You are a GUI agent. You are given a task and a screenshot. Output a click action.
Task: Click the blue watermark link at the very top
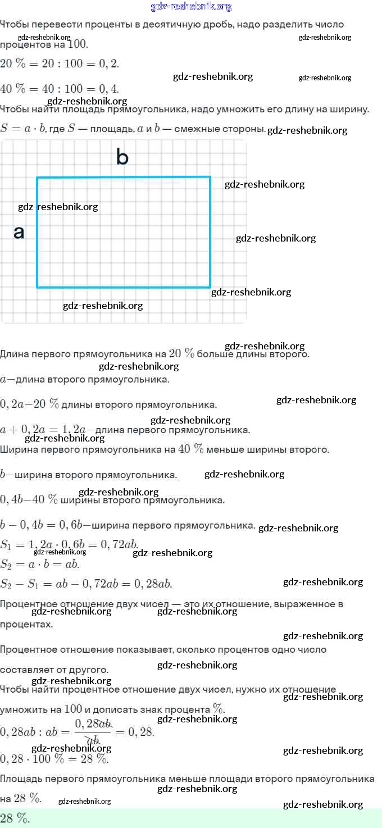[x=191, y=7]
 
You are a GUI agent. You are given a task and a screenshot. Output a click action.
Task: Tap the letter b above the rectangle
[x=122, y=157]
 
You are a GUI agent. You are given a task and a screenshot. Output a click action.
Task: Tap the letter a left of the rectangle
[x=19, y=232]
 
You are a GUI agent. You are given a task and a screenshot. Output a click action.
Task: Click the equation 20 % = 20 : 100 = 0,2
[x=60, y=63]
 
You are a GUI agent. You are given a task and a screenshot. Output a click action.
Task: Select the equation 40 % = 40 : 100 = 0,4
[x=60, y=89]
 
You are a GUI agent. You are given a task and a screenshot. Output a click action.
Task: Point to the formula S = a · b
[x=23, y=128]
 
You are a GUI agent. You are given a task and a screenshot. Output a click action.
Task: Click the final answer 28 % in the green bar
[x=15, y=818]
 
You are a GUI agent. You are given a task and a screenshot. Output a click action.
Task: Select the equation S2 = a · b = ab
[x=40, y=564]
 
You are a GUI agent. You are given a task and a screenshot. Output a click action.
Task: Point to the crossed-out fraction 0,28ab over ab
[x=93, y=732]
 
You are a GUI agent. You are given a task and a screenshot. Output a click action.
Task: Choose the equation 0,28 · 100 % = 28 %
[x=54, y=758]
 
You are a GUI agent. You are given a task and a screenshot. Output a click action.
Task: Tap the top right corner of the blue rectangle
[x=210, y=178]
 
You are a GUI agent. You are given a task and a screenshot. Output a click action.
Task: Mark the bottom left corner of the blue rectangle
[x=38, y=287]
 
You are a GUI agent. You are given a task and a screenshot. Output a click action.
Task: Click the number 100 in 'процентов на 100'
[x=77, y=44]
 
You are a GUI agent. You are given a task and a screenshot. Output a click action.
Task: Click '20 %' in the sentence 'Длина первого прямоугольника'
[x=181, y=354]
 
